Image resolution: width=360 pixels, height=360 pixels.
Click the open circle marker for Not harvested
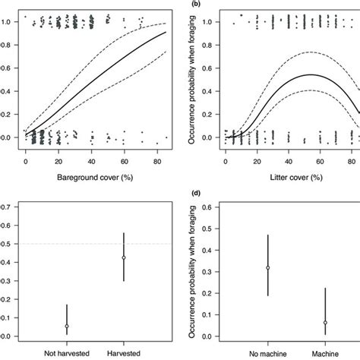point(67,326)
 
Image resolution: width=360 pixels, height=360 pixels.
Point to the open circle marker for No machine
point(267,268)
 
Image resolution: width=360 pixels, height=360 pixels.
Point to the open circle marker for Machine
point(325,323)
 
